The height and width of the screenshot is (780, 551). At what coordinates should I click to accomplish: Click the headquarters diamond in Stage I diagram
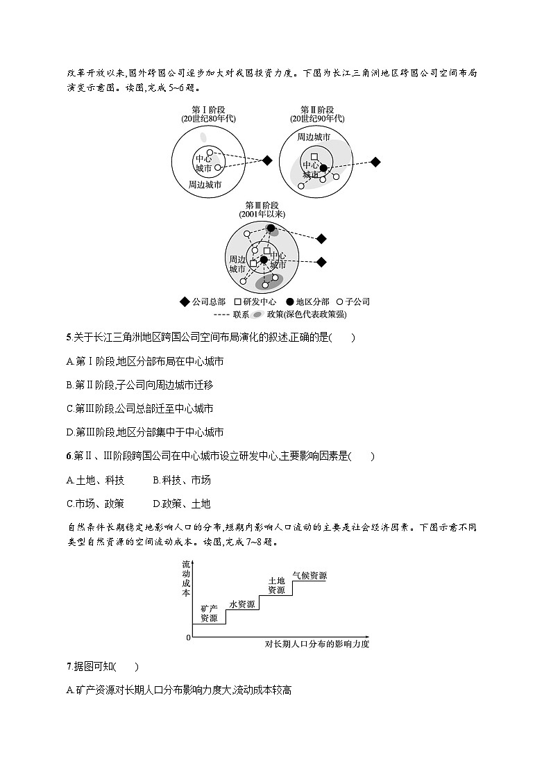(x=267, y=161)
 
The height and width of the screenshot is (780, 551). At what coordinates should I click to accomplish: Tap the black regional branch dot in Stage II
(x=323, y=168)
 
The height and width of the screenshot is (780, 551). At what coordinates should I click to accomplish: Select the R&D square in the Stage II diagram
(x=314, y=157)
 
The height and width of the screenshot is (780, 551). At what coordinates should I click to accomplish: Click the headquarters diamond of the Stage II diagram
(x=375, y=162)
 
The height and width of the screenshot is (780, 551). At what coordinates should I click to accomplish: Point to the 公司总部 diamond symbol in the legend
(x=184, y=302)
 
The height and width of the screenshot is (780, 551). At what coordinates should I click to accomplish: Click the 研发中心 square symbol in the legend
(x=237, y=302)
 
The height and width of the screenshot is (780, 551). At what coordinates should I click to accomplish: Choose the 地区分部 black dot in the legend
(x=290, y=302)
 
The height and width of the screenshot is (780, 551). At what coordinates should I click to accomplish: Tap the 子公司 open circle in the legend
(x=339, y=302)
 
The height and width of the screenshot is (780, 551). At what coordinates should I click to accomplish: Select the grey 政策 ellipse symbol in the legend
(x=258, y=315)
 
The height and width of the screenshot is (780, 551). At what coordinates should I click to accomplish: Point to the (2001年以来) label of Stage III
(x=262, y=215)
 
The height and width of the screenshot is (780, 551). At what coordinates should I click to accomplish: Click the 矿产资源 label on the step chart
(x=209, y=613)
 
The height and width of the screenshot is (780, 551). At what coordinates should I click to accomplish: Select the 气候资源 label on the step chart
(x=310, y=576)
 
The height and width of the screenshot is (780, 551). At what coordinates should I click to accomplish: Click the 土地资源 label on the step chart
(x=276, y=585)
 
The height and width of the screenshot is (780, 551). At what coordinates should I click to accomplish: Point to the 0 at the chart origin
(x=188, y=638)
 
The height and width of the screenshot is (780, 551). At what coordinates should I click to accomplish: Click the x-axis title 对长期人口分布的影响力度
(x=317, y=644)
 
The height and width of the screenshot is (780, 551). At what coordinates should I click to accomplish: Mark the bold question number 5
(x=69, y=338)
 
